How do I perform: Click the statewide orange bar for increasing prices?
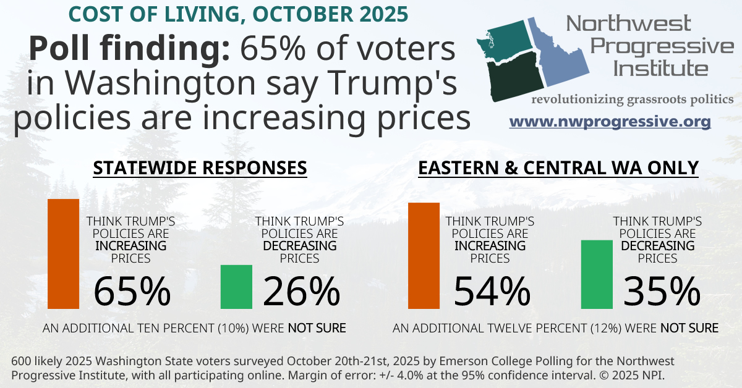64,253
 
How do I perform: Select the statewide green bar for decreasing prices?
236,287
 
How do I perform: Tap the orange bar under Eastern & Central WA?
424,255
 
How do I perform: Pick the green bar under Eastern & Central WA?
596,274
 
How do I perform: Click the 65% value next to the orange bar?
132,292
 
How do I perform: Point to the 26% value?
302,292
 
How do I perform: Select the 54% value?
492,292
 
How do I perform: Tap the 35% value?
662,292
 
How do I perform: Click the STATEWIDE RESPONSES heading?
200,168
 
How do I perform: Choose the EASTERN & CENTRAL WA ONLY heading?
558,168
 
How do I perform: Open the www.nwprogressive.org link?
610,122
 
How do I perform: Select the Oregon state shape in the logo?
513,77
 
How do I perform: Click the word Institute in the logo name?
660,68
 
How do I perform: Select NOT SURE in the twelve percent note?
689,327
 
